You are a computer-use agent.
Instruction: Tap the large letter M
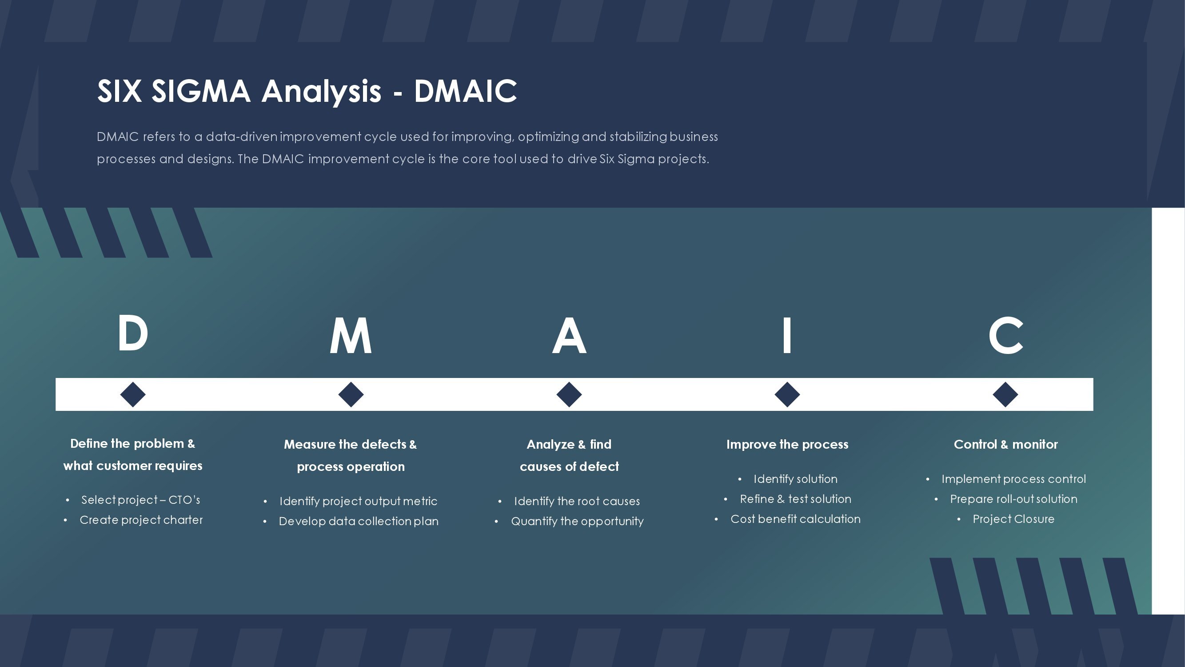point(351,336)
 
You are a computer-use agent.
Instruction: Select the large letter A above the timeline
point(569,336)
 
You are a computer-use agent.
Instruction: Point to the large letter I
point(787,336)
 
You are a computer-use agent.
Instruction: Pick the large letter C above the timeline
point(1005,336)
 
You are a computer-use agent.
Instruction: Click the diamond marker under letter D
point(133,394)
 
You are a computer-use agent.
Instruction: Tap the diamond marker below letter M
point(351,394)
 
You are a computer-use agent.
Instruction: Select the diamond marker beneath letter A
point(569,394)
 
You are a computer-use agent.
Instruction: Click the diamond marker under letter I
point(787,394)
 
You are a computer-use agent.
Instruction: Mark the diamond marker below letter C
point(1005,394)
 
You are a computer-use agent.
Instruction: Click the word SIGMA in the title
point(201,91)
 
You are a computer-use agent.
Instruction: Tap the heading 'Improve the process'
point(787,444)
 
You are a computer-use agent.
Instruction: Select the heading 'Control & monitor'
point(1005,444)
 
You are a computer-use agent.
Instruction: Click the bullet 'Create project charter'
point(141,520)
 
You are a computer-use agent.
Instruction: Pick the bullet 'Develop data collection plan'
point(359,522)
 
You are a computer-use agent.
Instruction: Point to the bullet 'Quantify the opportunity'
point(577,522)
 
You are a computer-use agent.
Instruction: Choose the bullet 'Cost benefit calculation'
point(795,519)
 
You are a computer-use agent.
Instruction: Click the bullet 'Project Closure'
point(1013,519)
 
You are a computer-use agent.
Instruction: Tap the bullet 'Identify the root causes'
point(577,501)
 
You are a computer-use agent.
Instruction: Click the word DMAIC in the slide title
point(466,91)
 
